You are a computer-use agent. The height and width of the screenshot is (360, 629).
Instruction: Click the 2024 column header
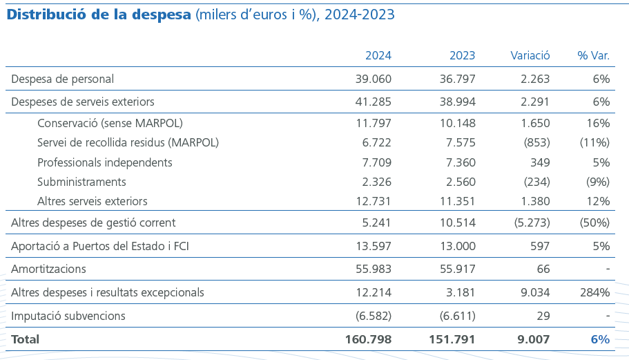click(378, 56)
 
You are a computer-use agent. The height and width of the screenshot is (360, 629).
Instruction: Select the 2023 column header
click(462, 56)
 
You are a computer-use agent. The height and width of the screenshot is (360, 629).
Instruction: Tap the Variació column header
click(530, 56)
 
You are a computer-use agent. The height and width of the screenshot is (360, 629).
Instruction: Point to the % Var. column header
click(593, 56)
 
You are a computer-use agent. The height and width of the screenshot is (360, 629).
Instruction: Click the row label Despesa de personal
click(63, 79)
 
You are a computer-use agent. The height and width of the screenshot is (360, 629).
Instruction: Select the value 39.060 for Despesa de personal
click(373, 79)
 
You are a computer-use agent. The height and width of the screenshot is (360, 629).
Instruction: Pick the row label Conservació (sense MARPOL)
click(110, 124)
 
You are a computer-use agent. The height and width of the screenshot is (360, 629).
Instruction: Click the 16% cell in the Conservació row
click(598, 124)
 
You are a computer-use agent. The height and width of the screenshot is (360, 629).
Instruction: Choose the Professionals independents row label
click(105, 162)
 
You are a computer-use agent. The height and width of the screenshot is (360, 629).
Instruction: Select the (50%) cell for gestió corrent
click(594, 222)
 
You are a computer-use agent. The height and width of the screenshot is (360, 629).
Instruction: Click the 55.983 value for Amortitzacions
click(373, 269)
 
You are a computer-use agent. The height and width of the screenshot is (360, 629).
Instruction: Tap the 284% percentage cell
click(594, 292)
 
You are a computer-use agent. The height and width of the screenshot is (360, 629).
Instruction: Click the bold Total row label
click(26, 339)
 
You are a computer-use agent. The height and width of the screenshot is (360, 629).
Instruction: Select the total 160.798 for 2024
click(368, 339)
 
